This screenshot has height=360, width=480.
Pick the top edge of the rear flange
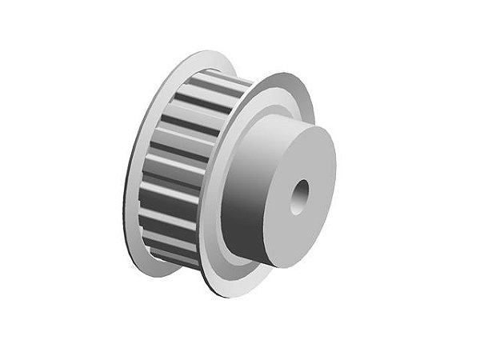pos(200,54)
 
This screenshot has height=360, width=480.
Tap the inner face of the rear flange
pos(148,160)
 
